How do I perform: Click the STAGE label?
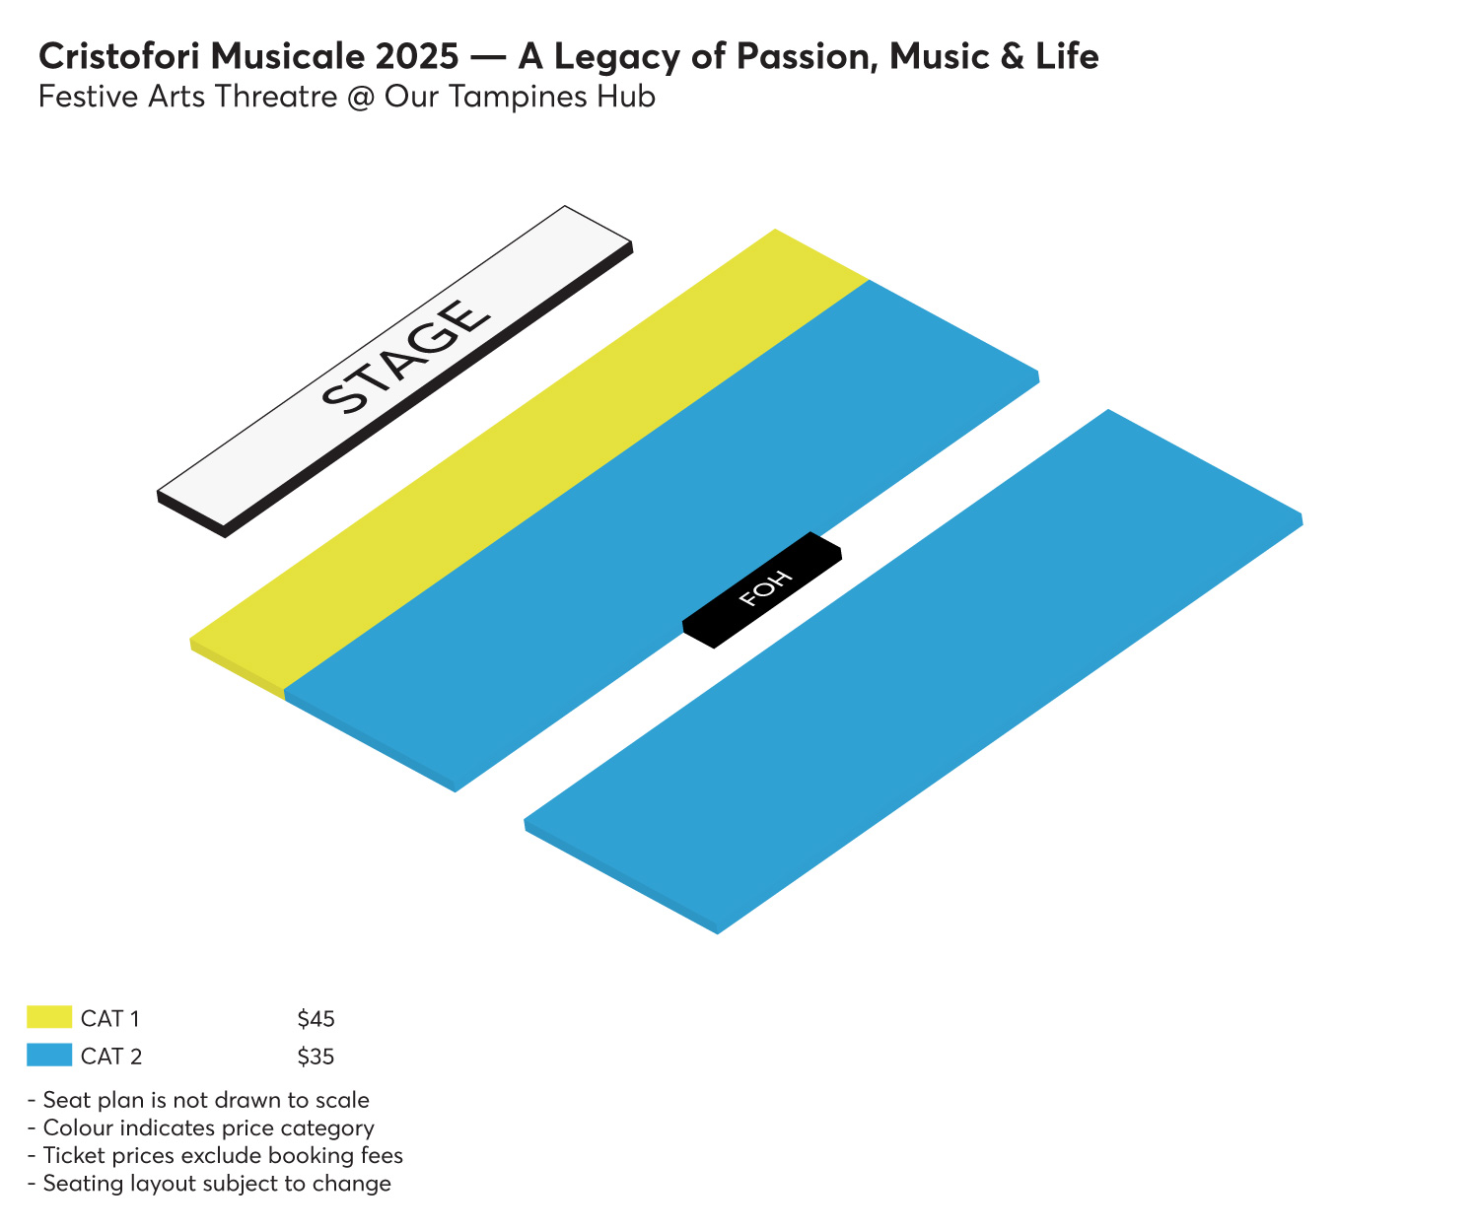click(405, 356)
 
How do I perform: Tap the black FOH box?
click(762, 589)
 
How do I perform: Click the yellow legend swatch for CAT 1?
click(49, 1016)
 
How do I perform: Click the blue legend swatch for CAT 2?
click(49, 1054)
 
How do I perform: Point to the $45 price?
click(316, 1018)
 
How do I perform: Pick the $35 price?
click(316, 1056)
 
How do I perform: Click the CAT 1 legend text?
click(109, 1018)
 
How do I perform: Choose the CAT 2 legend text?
click(111, 1056)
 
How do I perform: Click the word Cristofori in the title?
click(119, 56)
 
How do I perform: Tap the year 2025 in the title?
click(417, 56)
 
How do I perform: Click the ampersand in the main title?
click(1012, 56)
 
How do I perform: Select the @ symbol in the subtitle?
click(361, 97)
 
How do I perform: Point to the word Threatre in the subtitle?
click(275, 97)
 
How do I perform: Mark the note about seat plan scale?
click(198, 1100)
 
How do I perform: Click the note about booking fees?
click(215, 1156)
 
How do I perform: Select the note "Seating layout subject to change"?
click(210, 1184)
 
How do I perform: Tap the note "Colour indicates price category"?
click(201, 1128)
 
